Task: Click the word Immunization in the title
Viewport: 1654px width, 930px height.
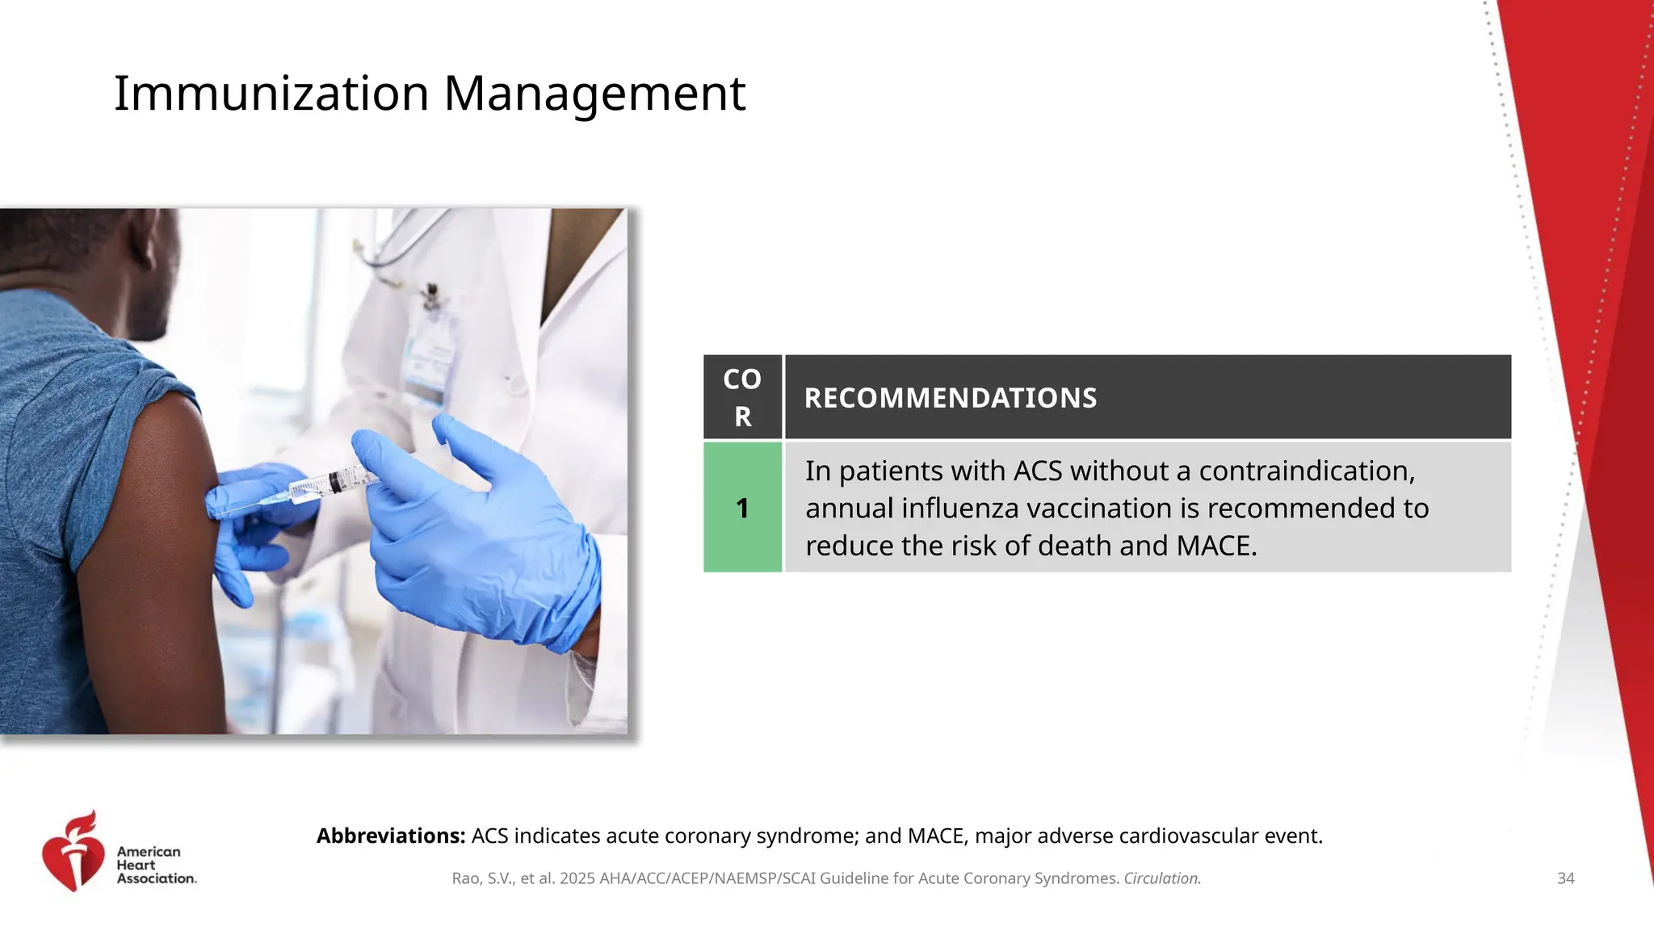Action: tap(271, 94)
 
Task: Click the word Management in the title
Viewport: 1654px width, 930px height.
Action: tap(594, 94)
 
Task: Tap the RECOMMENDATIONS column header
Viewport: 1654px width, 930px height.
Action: tap(951, 398)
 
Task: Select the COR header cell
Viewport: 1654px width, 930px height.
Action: tap(742, 397)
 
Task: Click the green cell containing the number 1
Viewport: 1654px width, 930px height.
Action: tap(742, 508)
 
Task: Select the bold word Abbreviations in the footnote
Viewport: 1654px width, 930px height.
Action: tap(391, 836)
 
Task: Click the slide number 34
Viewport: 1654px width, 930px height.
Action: tap(1565, 878)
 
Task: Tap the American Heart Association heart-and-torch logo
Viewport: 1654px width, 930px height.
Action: tap(73, 852)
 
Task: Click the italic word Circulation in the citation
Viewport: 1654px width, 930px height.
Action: tap(1162, 878)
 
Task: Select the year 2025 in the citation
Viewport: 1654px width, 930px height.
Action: tap(577, 878)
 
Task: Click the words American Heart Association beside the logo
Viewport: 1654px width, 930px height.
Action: tap(156, 865)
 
